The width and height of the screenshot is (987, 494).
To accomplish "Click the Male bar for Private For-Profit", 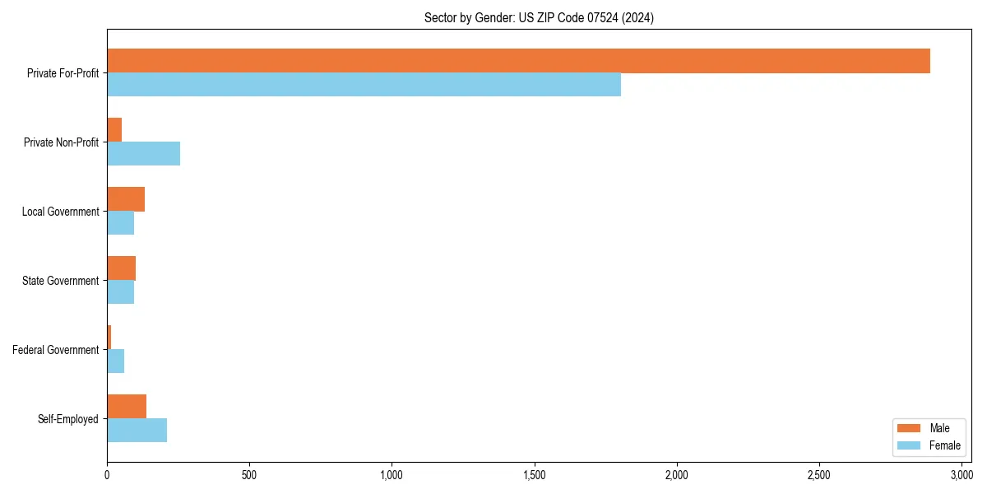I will point(518,61).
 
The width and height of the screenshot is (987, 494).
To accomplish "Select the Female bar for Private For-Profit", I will point(364,85).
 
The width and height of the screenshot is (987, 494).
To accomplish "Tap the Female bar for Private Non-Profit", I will point(143,154).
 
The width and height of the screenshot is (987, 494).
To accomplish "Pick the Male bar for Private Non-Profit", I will point(114,130).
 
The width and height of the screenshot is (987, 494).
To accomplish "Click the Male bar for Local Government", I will point(126,199).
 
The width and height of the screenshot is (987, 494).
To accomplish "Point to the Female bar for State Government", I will point(120,292).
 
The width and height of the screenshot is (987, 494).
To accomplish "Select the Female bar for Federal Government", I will point(115,361).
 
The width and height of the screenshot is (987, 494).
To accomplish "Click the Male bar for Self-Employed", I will point(127,407).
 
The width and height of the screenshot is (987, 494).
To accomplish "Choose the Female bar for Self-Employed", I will point(137,431).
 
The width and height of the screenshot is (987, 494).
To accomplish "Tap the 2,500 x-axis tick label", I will point(819,475).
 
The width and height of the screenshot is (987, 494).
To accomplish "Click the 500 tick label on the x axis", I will point(249,475).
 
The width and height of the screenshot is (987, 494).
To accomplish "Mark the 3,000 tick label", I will point(962,475).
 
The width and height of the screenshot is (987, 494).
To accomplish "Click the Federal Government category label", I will point(56,350).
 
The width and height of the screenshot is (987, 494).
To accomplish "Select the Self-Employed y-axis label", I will point(68,419).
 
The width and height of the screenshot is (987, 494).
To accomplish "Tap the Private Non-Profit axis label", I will point(61,142).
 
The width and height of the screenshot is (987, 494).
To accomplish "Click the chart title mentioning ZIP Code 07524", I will point(539,17).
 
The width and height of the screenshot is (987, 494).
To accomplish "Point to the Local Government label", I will point(60,212).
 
